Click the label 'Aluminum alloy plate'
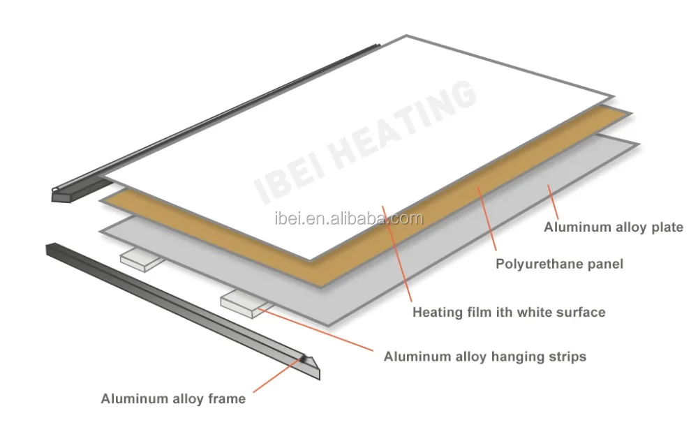tap(613, 227)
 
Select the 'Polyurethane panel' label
tap(559, 264)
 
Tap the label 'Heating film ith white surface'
tap(509, 312)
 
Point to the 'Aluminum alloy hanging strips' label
tap(484, 357)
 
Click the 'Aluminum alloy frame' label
tap(173, 399)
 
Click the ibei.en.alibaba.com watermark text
tap(347, 218)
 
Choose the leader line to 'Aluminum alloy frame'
tap(276, 377)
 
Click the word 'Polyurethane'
tap(535, 264)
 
